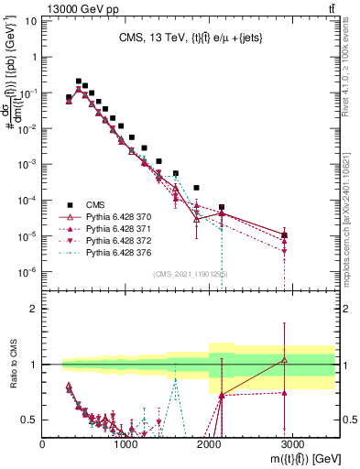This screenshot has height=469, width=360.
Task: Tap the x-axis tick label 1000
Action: [125, 443]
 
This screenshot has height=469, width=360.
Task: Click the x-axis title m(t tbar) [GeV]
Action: [293, 459]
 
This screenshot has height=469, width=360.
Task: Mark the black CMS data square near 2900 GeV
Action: [285, 235]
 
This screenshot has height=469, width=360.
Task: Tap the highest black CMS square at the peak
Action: [78, 81]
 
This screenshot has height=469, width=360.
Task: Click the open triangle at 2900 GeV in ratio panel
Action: [285, 360]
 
